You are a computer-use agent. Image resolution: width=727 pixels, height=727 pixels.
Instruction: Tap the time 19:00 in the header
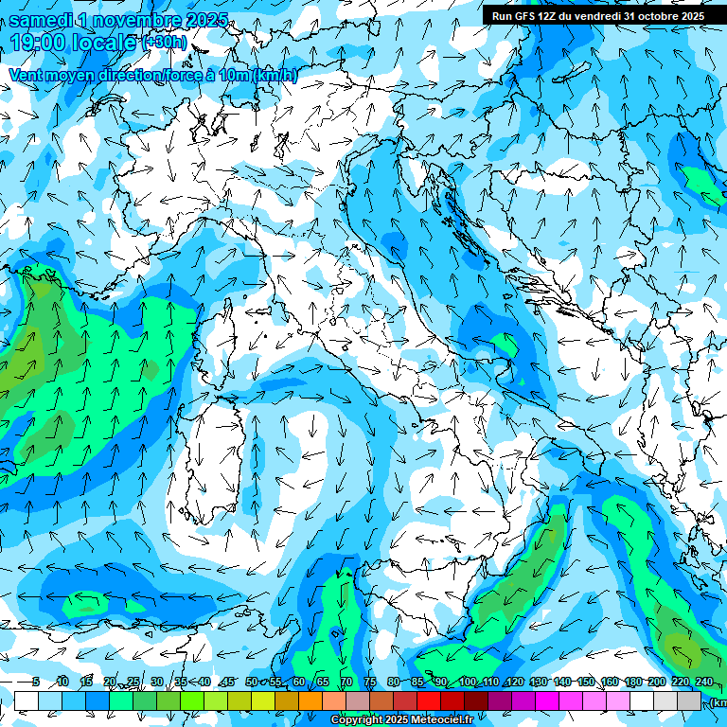tap(37, 42)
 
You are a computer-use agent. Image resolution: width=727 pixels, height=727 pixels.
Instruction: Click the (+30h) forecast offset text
tap(164, 42)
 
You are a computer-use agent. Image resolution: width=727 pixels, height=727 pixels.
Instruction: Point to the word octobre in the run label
tap(652, 15)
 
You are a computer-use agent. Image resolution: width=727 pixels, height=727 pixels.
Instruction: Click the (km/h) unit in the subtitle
tap(275, 76)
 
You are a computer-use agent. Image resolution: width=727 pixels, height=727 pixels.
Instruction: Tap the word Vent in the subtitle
tap(26, 76)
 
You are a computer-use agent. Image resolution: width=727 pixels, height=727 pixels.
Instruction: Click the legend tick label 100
tap(468, 683)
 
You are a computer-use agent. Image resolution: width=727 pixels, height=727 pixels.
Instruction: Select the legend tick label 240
tap(703, 683)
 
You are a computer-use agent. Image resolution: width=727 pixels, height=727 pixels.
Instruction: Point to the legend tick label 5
tap(36, 683)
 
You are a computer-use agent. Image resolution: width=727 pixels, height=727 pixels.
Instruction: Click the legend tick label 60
tap(299, 683)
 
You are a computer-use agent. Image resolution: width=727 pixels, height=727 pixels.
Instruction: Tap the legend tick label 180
tap(632, 683)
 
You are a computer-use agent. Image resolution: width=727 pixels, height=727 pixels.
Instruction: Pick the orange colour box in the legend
tap(310, 701)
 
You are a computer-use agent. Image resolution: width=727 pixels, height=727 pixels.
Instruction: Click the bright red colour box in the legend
tap(429, 701)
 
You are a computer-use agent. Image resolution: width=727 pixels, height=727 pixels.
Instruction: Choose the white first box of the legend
tap(27, 701)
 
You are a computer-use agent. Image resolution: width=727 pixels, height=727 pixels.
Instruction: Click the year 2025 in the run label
tap(689, 15)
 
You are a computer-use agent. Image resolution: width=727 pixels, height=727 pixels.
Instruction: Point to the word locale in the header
tap(100, 42)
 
